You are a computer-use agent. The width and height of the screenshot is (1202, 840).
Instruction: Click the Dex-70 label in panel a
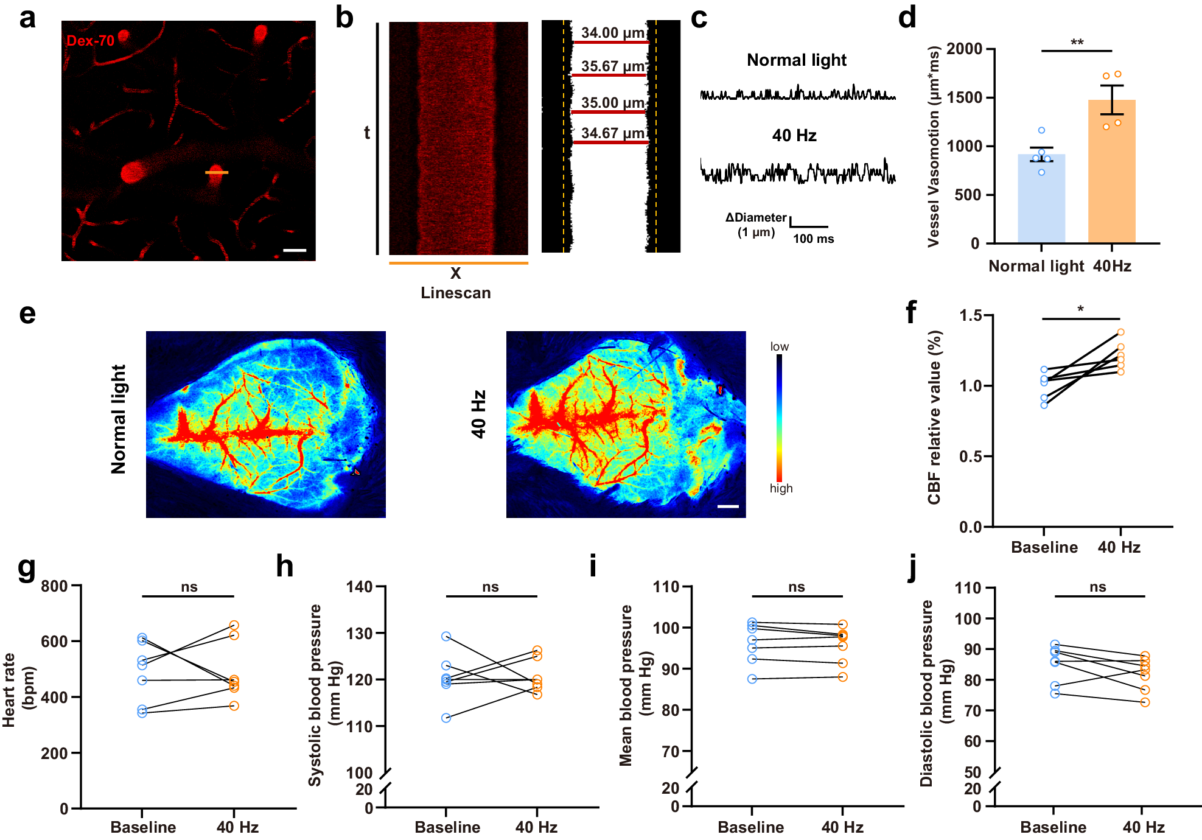pos(90,41)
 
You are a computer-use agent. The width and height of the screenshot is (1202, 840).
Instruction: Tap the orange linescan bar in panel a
pos(216,173)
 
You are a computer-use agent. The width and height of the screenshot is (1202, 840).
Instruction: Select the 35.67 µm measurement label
pos(612,66)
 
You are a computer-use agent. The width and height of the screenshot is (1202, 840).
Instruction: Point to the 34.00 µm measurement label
pos(612,32)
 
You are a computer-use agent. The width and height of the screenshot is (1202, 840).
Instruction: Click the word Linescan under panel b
pos(455,293)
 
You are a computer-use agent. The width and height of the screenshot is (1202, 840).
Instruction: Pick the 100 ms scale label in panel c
pos(813,239)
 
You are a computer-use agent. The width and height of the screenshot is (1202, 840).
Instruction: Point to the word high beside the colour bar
pos(781,488)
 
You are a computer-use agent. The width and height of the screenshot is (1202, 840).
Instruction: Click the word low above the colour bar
pos(779,346)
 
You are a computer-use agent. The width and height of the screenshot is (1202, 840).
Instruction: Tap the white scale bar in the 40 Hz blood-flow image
pos(728,506)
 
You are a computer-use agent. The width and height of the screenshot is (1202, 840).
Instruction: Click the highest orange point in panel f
pos(1120,332)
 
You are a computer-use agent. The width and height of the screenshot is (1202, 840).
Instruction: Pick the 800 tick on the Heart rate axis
pos(54,586)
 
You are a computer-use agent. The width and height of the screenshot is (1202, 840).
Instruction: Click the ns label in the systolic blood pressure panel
pos(491,587)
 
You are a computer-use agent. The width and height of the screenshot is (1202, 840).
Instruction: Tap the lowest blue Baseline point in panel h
pos(446,718)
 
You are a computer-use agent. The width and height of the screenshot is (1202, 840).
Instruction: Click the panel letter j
pos(912,567)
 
